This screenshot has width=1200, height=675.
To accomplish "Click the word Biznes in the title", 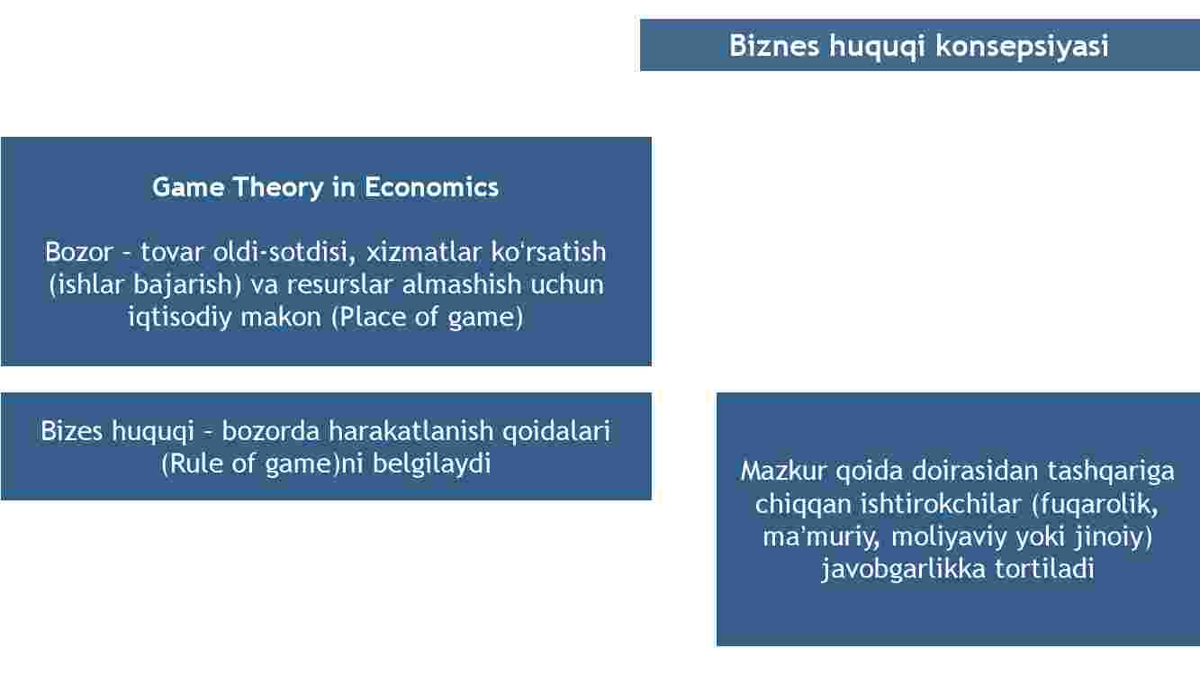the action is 774,45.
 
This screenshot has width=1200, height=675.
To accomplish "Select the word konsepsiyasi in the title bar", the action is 1022,46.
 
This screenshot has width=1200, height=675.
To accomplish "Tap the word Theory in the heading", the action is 278,188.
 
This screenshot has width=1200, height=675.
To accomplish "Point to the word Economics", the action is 432,187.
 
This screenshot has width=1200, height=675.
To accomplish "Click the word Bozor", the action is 78,252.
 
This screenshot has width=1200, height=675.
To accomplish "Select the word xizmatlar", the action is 424,252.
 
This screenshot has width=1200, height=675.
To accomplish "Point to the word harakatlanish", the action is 411,431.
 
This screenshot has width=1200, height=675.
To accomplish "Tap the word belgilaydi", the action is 432,463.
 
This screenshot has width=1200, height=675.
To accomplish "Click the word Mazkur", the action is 783,471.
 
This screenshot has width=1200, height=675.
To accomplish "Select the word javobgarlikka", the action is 904,569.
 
